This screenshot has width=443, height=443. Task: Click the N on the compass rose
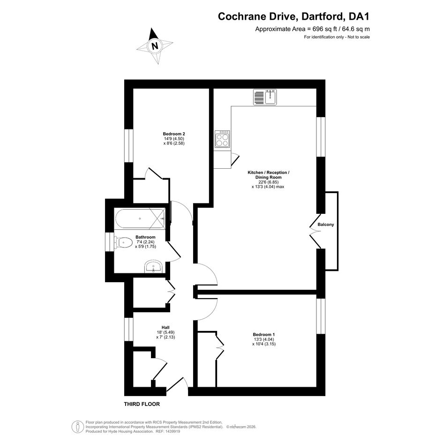(x=155, y=46)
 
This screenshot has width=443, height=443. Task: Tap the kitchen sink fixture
(x=265, y=97)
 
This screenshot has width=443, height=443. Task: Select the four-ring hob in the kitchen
(x=222, y=139)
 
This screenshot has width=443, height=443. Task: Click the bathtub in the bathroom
(x=140, y=218)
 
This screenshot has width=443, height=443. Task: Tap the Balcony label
(x=326, y=225)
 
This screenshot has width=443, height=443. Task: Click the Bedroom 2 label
(x=174, y=134)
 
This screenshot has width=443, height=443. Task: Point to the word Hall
(x=165, y=328)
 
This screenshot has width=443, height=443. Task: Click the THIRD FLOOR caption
(x=142, y=404)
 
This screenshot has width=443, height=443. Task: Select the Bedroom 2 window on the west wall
(x=129, y=146)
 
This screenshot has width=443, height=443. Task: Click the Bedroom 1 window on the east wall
(x=321, y=316)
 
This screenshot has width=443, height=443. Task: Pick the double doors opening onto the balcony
(x=315, y=231)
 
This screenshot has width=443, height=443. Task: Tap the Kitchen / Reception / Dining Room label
(x=269, y=175)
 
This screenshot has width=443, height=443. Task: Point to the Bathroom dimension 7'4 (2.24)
(x=145, y=242)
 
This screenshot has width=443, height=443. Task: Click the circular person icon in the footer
(x=77, y=427)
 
